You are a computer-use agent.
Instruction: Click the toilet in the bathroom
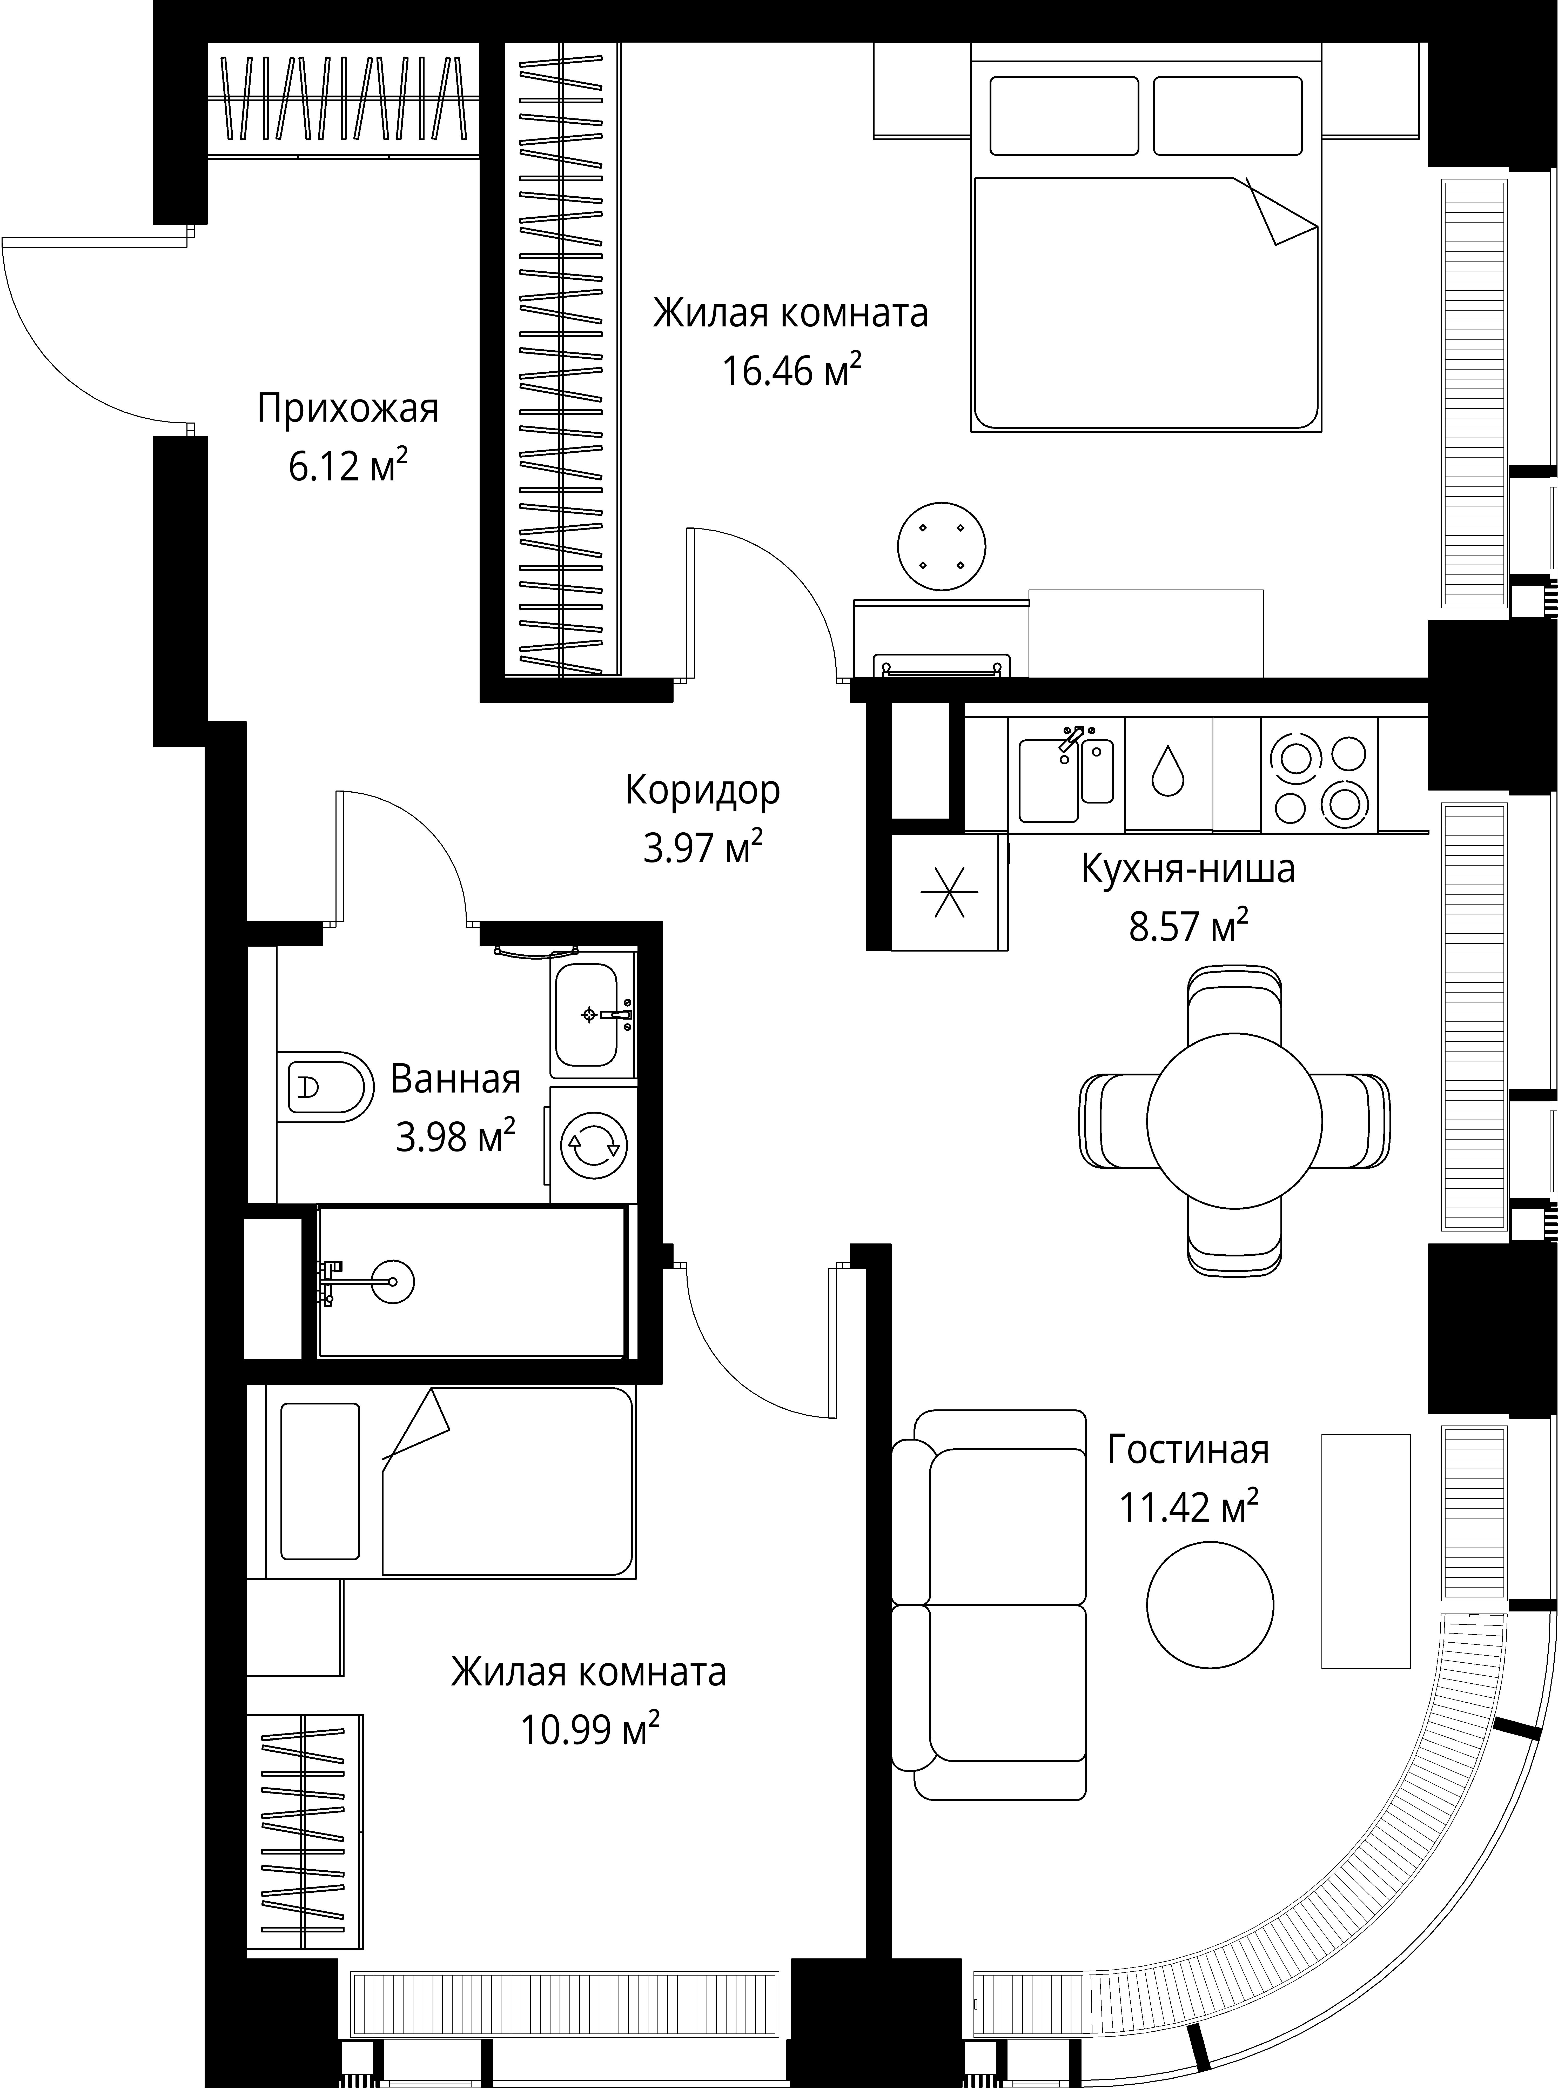(321, 1086)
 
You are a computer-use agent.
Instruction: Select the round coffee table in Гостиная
(1210, 1605)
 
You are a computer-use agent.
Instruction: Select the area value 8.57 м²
(1188, 927)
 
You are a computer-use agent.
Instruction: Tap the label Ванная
(455, 1079)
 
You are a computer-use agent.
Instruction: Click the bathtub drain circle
(392, 1283)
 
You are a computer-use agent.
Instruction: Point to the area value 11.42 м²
(1188, 1507)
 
